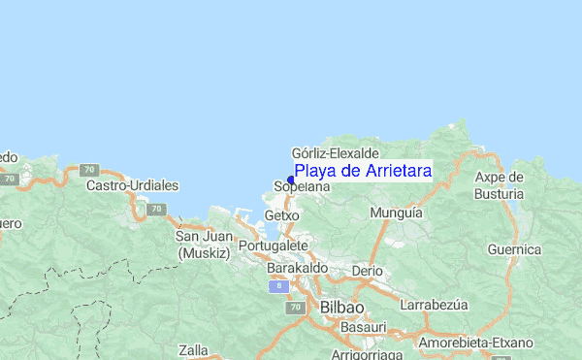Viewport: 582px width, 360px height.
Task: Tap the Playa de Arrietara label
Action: pos(363,171)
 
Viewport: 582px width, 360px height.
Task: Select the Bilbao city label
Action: pos(341,308)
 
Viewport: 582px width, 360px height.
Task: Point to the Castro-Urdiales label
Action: pos(132,184)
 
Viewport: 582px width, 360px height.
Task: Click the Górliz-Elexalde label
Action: pos(335,153)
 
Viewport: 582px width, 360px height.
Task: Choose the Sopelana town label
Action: pos(296,186)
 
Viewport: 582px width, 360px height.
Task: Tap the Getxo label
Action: pos(281,214)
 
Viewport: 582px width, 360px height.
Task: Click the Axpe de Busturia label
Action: pos(500,184)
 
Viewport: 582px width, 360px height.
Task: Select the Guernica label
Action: pos(514,249)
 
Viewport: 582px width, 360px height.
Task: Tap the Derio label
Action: pos(368,270)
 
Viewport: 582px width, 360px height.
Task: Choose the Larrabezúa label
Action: pos(434,304)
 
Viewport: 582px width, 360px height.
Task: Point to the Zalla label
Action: pos(194,349)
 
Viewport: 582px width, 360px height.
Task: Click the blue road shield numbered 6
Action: pos(277,286)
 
